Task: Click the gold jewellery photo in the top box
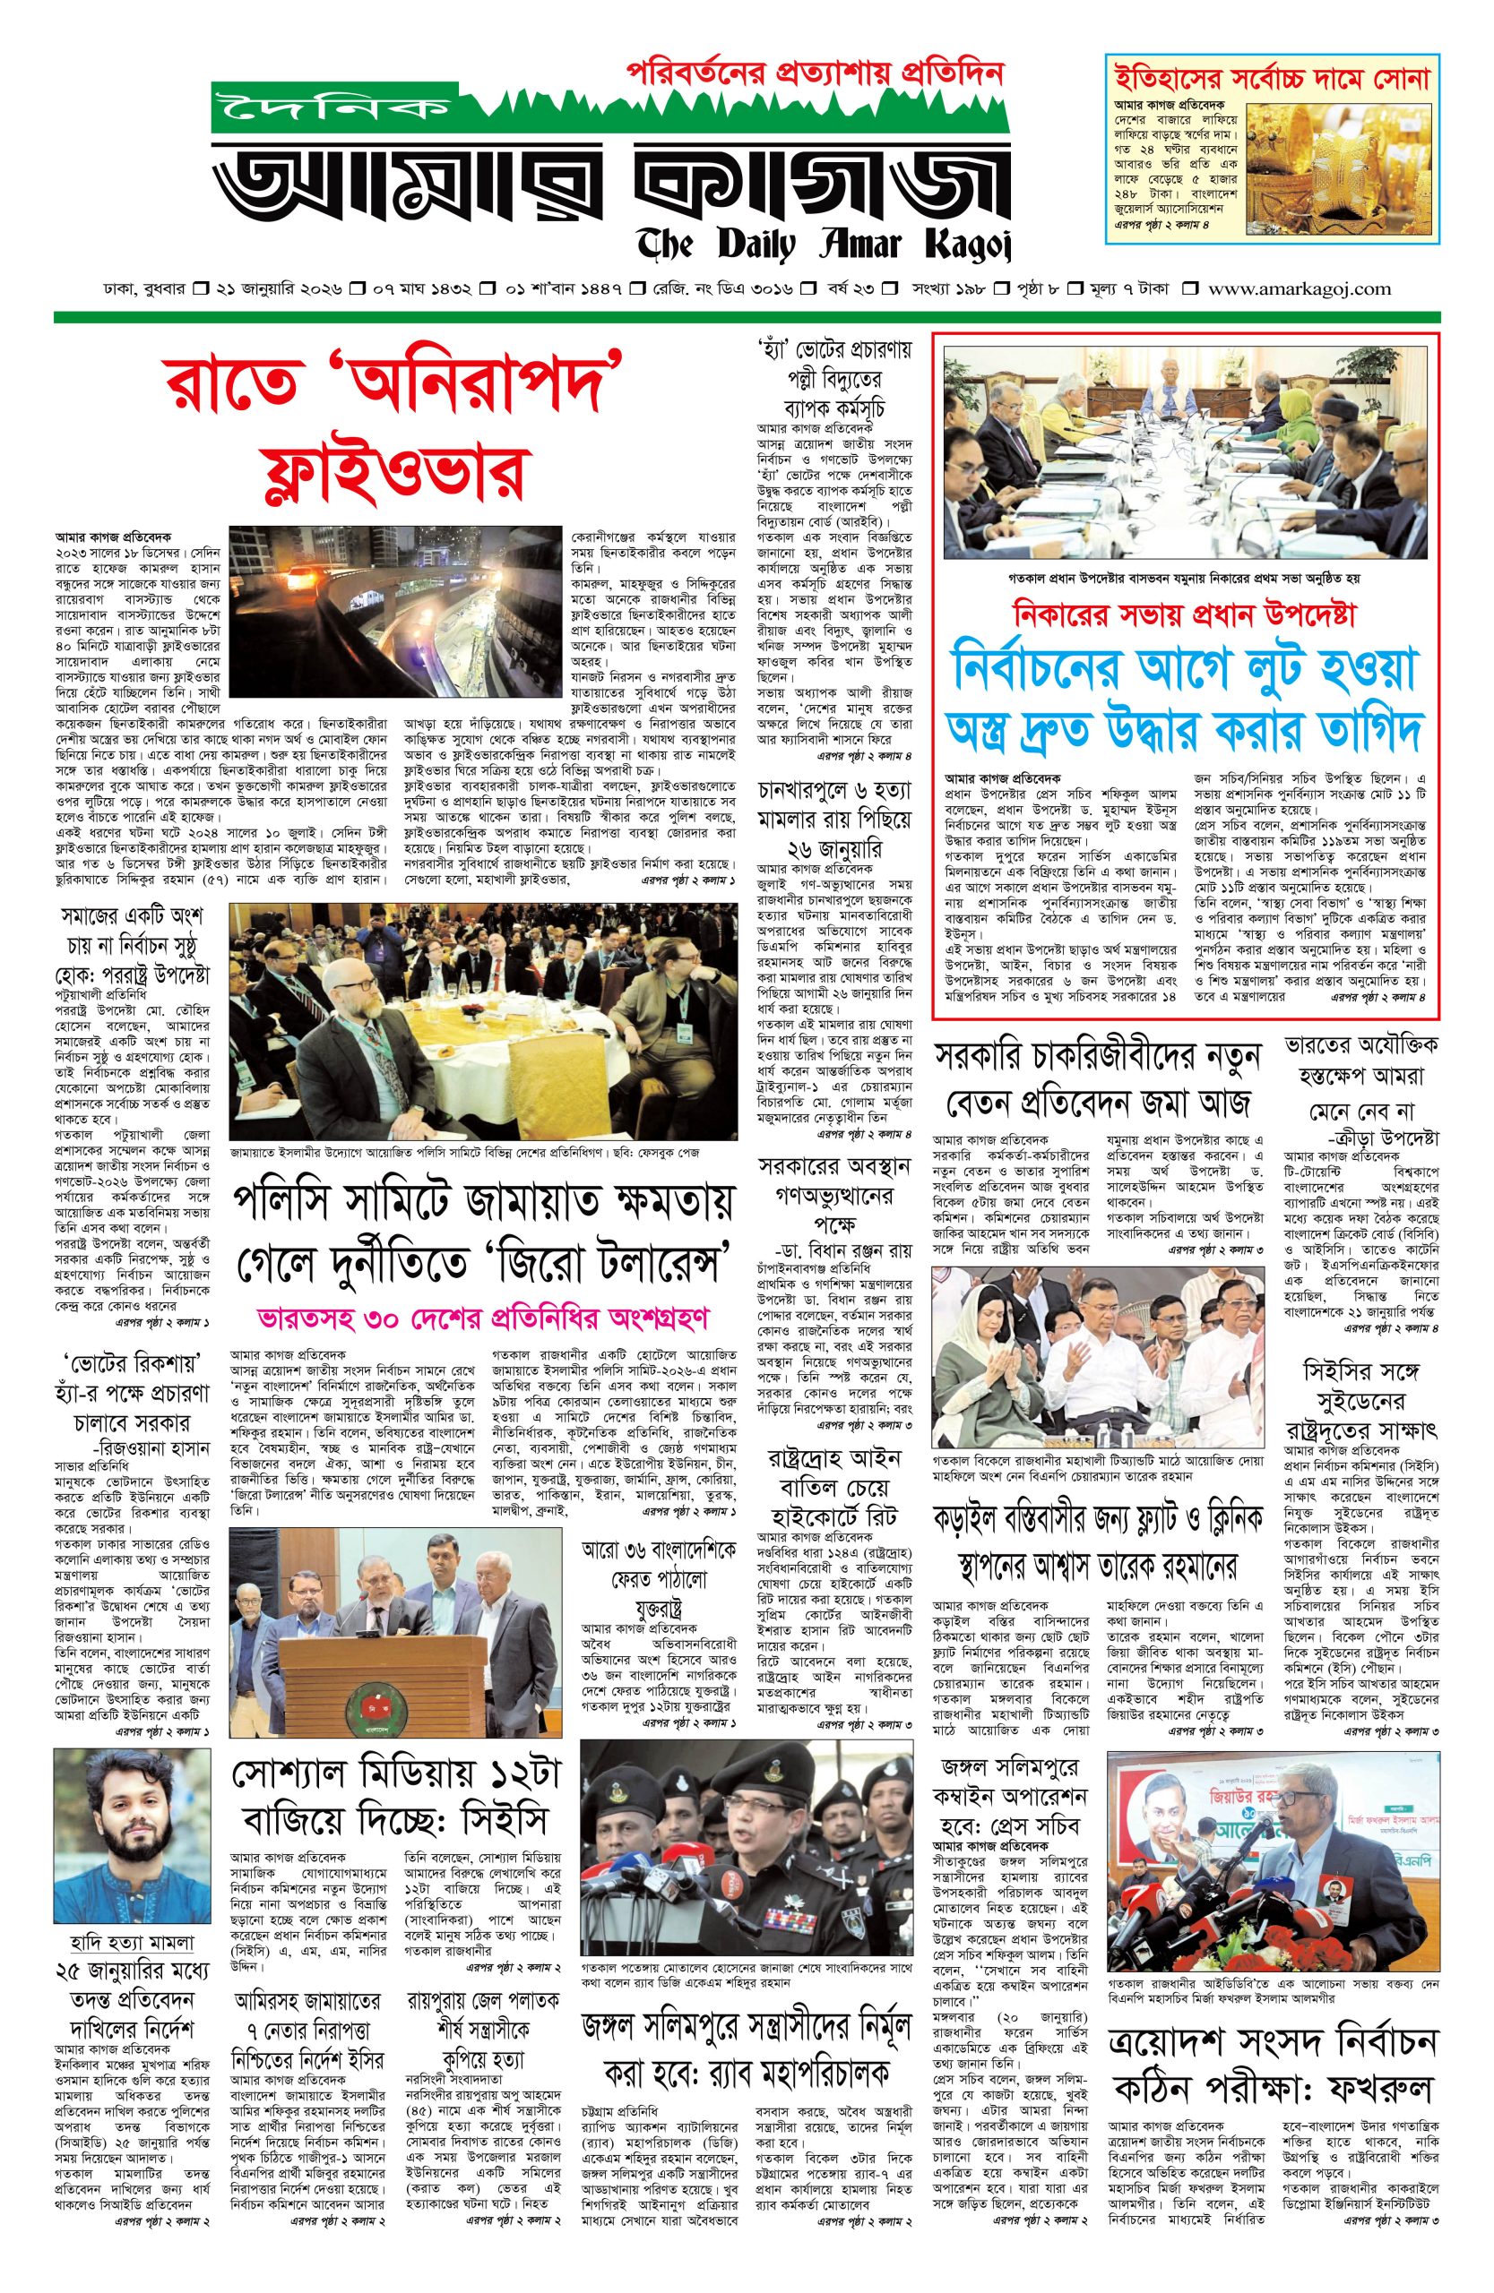coord(1339,165)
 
